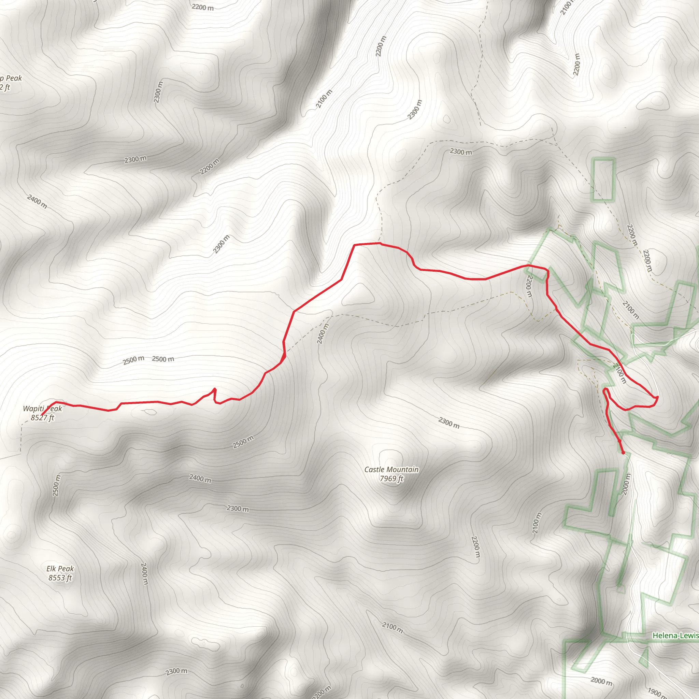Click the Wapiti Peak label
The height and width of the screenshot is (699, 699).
pos(42,409)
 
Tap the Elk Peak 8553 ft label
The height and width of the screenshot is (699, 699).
pos(60,573)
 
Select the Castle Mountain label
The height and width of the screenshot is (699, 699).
pos(391,469)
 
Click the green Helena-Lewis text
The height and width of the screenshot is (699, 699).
pos(675,635)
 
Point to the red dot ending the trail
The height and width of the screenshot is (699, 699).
pos(623,453)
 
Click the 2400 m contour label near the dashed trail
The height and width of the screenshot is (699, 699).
pos(323,333)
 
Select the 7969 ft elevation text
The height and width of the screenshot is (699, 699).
pos(391,479)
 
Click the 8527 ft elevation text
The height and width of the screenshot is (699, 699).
pos(42,417)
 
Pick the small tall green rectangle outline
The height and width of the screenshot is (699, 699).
pos(603,180)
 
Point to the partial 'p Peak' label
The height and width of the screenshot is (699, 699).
pos(11,78)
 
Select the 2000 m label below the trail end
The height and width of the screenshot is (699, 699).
pos(626,484)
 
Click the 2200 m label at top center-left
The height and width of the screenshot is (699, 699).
pos(203,7)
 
